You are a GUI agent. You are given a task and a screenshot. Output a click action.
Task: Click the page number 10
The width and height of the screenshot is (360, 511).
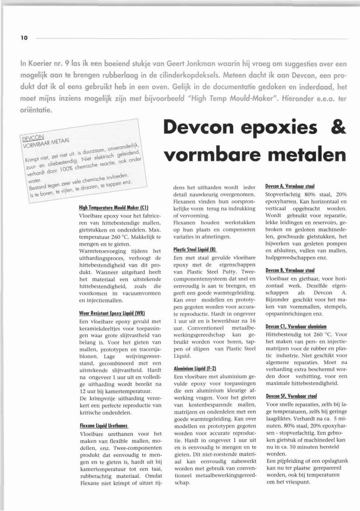coord(24,38)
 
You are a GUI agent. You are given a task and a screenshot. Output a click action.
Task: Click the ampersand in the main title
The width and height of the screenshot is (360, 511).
coord(339,127)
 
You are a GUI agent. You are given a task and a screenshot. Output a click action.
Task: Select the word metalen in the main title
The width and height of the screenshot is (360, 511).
coord(307,155)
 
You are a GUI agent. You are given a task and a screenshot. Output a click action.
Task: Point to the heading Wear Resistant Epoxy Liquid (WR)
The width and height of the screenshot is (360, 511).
coord(112,313)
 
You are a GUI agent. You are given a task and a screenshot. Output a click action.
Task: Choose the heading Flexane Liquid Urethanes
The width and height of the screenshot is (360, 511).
coord(104,425)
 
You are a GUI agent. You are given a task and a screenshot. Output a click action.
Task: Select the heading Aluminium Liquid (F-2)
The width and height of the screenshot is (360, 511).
coord(195,369)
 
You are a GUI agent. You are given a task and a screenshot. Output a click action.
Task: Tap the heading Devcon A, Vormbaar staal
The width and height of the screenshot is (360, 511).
coord(290,186)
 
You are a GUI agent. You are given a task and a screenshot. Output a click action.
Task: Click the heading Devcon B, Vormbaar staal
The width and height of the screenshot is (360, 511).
coord(290,270)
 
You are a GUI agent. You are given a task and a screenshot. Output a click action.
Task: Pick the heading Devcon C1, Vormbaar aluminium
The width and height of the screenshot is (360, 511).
coord(296,326)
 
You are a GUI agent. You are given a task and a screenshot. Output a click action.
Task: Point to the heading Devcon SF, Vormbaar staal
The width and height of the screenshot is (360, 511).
coord(291,396)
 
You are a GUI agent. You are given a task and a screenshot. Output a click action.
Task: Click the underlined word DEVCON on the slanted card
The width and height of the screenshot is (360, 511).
coord(33,138)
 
